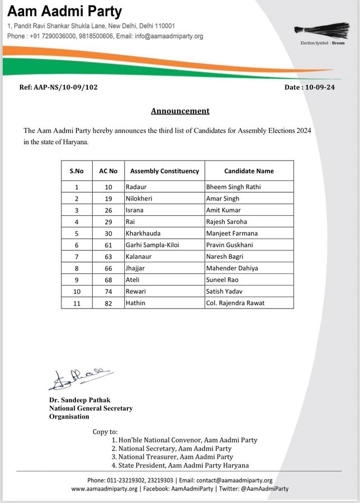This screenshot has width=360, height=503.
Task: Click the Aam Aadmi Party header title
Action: (65, 11)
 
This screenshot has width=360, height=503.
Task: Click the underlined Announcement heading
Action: (180, 111)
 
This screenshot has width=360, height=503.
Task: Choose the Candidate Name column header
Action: (249, 170)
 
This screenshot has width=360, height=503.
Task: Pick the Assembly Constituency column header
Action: (164, 170)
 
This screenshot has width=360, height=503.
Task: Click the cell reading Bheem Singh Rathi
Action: (233, 187)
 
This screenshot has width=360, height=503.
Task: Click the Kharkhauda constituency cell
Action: (145, 233)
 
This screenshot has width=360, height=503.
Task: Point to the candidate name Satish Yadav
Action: (226, 292)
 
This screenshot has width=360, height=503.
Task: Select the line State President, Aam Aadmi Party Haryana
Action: (180, 466)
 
